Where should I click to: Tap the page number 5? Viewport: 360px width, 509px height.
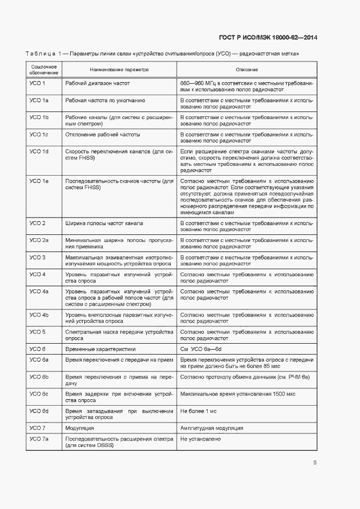pyautogui.click(x=315, y=463)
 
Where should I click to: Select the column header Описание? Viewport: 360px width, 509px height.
pyautogui.click(x=246, y=70)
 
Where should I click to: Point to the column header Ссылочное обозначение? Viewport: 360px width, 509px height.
pyautogui.click(x=44, y=70)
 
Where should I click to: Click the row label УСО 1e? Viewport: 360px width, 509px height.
pyautogui.click(x=39, y=181)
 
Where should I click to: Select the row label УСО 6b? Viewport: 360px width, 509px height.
pyautogui.click(x=39, y=377)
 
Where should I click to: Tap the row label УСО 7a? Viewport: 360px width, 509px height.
pyautogui.click(x=39, y=438)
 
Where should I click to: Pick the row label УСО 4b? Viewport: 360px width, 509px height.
pyautogui.click(x=39, y=315)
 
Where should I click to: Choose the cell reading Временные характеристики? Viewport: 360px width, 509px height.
pyautogui.click(x=100, y=349)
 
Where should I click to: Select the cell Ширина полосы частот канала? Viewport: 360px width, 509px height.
pyautogui.click(x=104, y=224)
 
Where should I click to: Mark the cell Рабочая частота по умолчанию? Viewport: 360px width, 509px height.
pyautogui.click(x=105, y=101)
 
